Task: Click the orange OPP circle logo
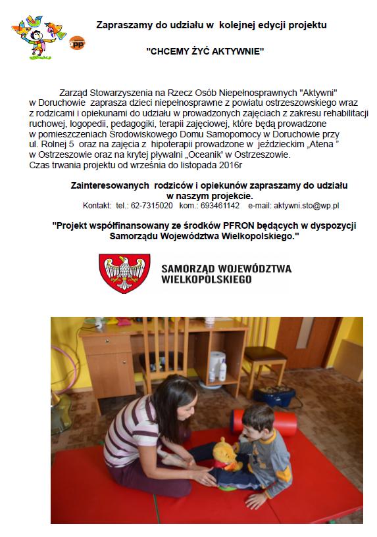pos(77,43)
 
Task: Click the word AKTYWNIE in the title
pos(238,51)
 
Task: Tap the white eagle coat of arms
pos(124,273)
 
